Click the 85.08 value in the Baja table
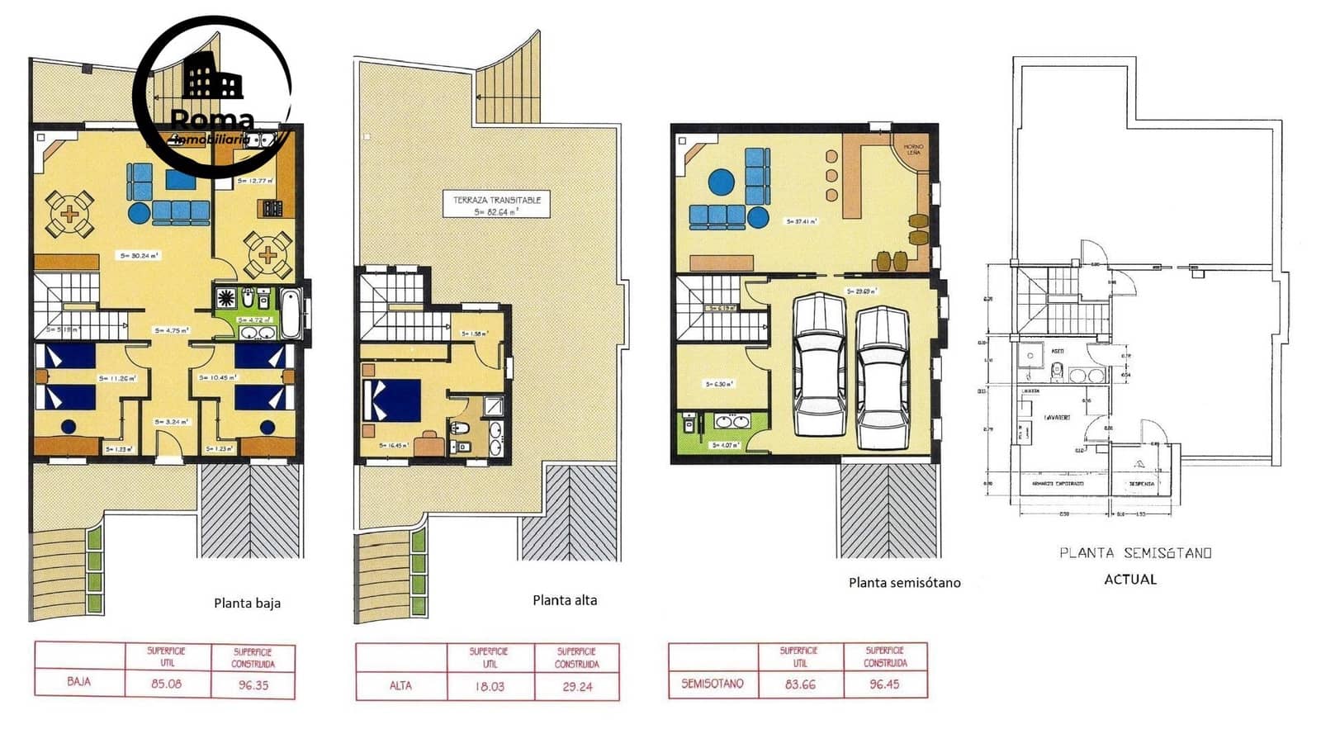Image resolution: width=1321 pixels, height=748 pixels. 168,684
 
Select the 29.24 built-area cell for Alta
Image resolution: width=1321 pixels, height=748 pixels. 576,686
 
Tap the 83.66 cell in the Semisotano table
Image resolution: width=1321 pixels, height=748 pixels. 800,684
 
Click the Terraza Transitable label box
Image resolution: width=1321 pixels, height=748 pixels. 496,205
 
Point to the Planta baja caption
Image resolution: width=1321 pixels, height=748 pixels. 247,604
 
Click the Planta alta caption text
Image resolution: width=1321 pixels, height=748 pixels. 565,600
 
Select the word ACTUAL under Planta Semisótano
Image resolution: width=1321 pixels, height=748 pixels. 1130,580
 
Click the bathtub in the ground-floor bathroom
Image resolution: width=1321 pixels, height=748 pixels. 290,314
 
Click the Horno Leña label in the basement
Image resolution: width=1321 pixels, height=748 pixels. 914,149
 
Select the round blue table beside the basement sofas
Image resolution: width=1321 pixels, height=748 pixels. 721,182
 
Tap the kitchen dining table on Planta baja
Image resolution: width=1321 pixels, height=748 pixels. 268,254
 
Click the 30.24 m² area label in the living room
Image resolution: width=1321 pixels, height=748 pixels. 139,256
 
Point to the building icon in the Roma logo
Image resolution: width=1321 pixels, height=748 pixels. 212,78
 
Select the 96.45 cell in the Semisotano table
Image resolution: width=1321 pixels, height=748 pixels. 884,684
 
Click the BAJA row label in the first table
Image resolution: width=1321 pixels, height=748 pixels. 79,682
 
